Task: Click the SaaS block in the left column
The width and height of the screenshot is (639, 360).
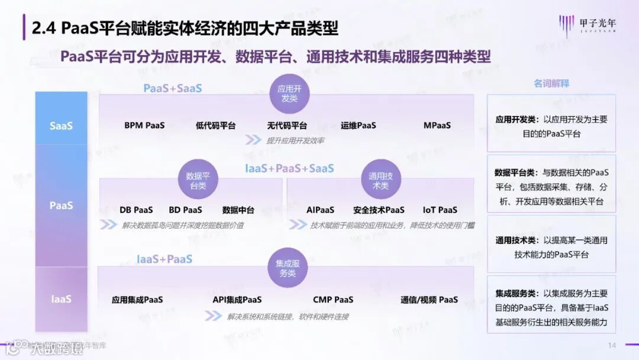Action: tap(61, 126)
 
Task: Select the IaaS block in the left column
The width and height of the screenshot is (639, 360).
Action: tap(61, 299)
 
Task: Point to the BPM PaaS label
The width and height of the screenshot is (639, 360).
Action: tap(144, 126)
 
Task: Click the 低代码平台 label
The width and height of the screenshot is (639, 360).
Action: tap(216, 126)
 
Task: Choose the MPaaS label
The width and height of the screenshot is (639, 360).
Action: tap(437, 126)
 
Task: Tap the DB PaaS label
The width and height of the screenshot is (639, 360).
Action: tap(136, 210)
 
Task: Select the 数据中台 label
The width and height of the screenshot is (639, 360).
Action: tap(238, 210)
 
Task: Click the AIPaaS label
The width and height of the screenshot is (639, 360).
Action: tap(320, 210)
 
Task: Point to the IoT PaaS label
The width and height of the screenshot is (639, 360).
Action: tap(440, 210)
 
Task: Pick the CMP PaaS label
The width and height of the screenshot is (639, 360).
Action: tap(333, 300)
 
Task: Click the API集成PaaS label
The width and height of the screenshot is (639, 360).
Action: tap(237, 300)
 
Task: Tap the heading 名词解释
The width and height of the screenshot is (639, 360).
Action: tap(551, 83)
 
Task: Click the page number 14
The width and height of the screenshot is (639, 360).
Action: tap(612, 346)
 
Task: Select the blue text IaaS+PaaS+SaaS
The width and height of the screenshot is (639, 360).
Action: tap(289, 168)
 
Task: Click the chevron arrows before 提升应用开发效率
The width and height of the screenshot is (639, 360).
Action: tap(253, 140)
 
